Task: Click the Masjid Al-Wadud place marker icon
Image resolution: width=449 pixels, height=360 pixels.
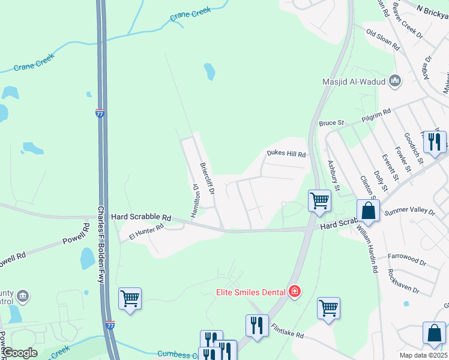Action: [x=395, y=80]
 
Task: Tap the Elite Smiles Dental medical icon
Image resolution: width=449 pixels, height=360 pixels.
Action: [x=294, y=292]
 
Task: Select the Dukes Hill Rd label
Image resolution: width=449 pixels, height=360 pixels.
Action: [x=286, y=155]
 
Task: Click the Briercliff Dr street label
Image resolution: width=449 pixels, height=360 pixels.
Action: [x=206, y=179]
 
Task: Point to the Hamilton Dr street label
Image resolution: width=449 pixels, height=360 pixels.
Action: [x=195, y=200]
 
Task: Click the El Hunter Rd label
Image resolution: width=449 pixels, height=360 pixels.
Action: [x=146, y=232]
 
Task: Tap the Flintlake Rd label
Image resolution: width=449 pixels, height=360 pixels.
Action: [x=288, y=331]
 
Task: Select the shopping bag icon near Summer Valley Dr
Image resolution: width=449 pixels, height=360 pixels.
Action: [x=368, y=211]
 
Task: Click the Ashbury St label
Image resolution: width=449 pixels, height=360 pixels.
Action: [x=333, y=175]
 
